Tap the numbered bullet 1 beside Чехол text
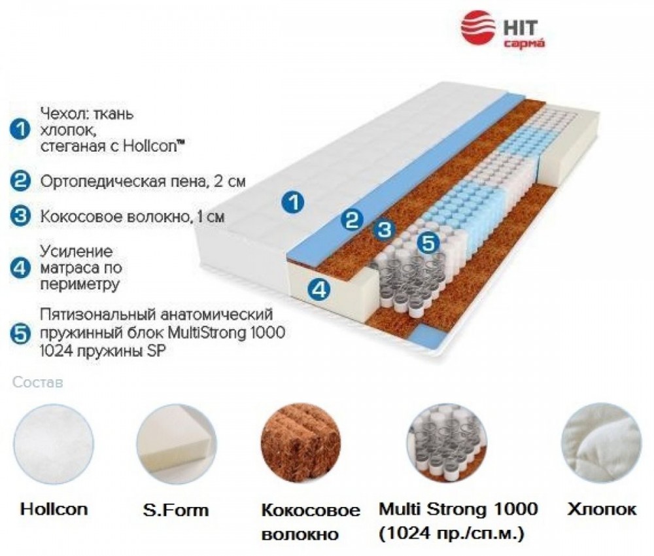(x=20, y=130)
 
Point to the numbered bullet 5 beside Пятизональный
(x=20, y=334)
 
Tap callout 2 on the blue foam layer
(x=351, y=219)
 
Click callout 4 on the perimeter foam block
(x=319, y=288)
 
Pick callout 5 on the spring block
(x=428, y=242)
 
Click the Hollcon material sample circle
(x=54, y=443)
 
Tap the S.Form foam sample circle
(x=177, y=443)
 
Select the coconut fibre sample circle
(x=301, y=443)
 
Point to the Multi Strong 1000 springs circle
(x=447, y=443)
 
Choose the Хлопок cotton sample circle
(x=601, y=443)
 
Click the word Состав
(x=37, y=383)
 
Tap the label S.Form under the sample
(x=175, y=510)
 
